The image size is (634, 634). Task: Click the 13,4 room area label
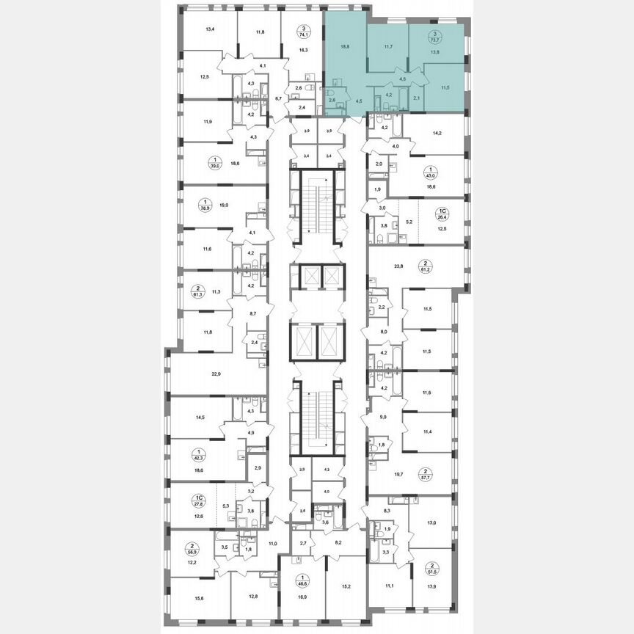210,29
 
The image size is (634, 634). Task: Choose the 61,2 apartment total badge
425,266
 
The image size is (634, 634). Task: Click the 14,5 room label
200,418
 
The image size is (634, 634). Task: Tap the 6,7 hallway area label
279,97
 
